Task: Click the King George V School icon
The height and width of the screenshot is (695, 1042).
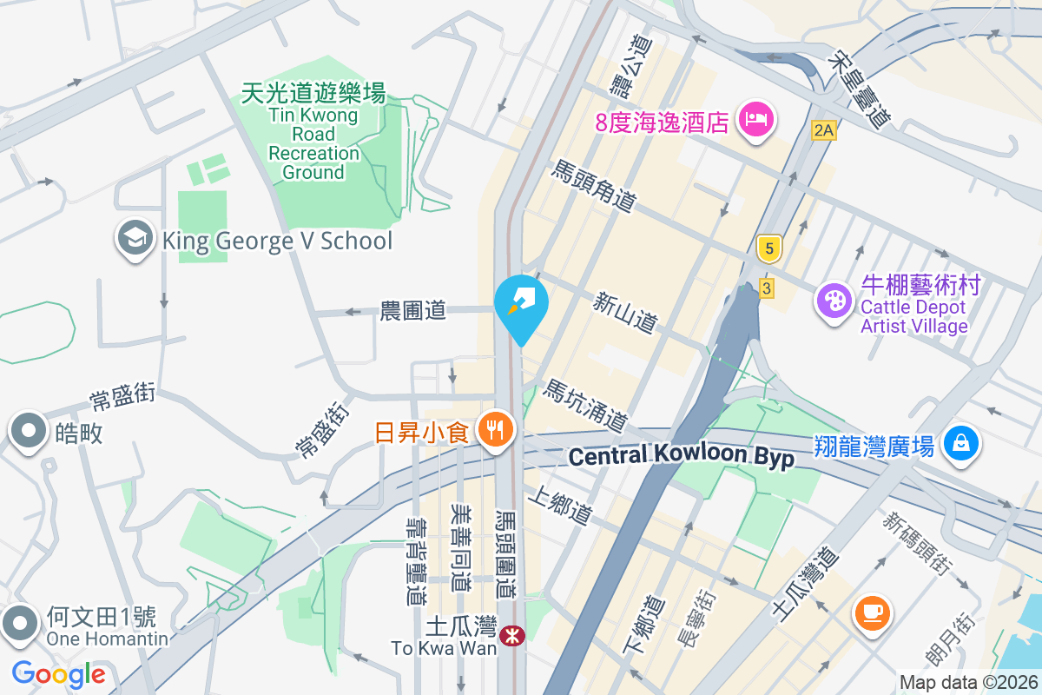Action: point(134,240)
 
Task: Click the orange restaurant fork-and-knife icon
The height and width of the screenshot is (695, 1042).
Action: point(496,430)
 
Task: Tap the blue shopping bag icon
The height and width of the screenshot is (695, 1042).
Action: point(960,444)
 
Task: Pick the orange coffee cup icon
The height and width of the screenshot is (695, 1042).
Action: point(871,612)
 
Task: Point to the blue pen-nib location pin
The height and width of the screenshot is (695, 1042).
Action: point(521,304)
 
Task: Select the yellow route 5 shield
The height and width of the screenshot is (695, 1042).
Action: point(768,249)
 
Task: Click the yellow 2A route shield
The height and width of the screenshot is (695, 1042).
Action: point(823,130)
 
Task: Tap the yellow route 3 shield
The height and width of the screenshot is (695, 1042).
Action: point(766,288)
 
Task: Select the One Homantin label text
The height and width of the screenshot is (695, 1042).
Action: point(102,639)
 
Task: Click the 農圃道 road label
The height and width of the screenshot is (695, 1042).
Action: point(413,310)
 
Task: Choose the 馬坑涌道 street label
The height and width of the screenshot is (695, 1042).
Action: point(584,407)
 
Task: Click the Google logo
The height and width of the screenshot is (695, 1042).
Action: point(59,674)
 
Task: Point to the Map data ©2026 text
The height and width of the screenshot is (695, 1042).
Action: point(967,682)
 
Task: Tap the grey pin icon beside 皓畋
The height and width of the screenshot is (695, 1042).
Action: point(28,432)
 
